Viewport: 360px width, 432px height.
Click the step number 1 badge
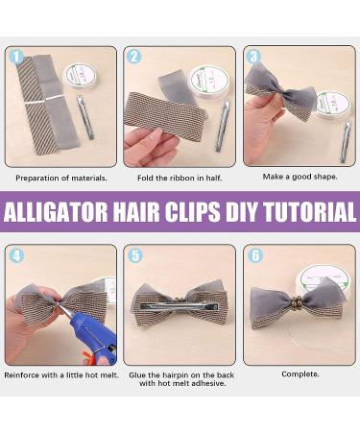pyautogui.click(x=14, y=57)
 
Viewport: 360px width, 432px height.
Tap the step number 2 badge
pyautogui.click(x=134, y=57)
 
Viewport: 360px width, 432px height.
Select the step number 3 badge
pyautogui.click(x=254, y=57)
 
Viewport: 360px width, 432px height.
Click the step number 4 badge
pyautogui.click(x=14, y=254)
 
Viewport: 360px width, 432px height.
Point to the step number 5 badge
pyautogui.click(x=134, y=254)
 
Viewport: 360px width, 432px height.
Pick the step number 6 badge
pyautogui.click(x=254, y=254)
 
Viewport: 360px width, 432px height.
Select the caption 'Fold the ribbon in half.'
pyautogui.click(x=180, y=178)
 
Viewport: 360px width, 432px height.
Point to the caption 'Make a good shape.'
pyautogui.click(x=300, y=177)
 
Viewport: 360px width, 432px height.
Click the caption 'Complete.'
pyautogui.click(x=300, y=374)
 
